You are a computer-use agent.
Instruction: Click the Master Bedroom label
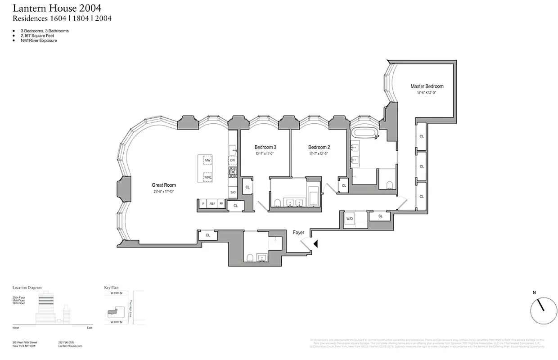point(427,86)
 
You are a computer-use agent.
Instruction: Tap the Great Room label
point(164,185)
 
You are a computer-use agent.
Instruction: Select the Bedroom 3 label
point(265,147)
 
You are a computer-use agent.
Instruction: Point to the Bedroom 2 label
point(319,147)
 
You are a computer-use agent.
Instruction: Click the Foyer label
point(298,233)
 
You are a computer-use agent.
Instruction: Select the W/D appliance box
point(350,219)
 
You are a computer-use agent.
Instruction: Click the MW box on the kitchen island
point(207,161)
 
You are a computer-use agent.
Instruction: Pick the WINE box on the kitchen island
point(207,178)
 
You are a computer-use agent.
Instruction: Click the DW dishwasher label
point(233,160)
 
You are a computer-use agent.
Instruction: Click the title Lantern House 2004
point(57,8)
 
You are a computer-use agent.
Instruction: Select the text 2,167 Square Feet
point(35,36)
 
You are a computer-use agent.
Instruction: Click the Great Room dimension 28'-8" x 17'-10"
point(163,192)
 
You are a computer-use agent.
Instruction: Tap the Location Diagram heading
point(27,287)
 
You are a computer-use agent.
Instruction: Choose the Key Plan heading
point(111,287)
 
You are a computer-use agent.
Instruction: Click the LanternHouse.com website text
point(70,346)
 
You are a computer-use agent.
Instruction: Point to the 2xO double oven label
point(233,192)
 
